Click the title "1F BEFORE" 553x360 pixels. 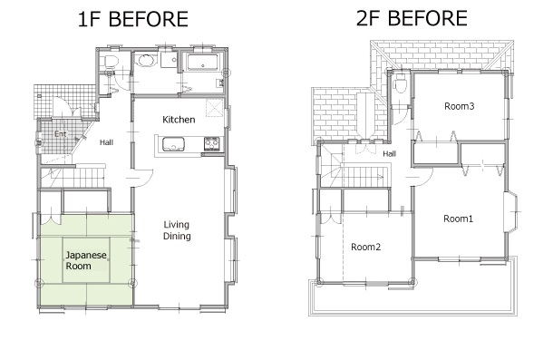(132, 19)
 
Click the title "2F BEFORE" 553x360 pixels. (412, 18)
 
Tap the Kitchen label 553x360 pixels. (179, 120)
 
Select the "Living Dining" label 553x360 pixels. (177, 230)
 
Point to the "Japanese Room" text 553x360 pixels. (86, 260)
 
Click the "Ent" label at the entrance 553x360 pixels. (61, 134)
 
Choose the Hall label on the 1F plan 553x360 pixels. (106, 142)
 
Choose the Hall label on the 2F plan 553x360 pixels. (389, 153)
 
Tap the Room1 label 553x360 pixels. (458, 219)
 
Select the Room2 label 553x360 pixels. (365, 247)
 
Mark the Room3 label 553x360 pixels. (460, 106)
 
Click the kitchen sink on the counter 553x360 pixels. (173, 144)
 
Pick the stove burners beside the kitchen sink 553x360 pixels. (212, 143)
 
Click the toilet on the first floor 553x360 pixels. (111, 62)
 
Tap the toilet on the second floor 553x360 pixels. (401, 84)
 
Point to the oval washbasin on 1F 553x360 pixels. (145, 61)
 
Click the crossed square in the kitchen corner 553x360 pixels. (215, 108)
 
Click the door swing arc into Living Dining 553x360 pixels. (149, 180)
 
